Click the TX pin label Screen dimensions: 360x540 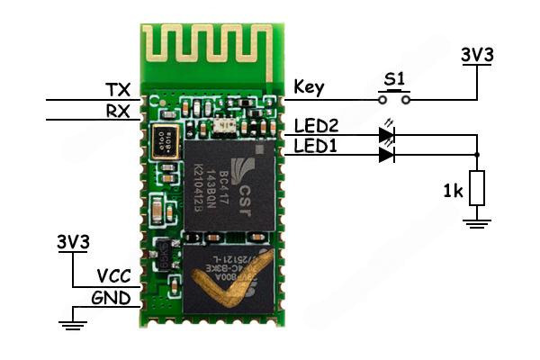[x=117, y=90]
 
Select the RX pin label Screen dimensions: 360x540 [x=117, y=111]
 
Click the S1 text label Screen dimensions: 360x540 [x=393, y=80]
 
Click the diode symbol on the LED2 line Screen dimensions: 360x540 [x=387, y=136]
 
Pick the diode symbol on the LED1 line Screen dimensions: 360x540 [x=387, y=155]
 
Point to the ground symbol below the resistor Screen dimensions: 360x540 [x=477, y=220]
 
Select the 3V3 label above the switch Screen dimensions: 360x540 [x=476, y=54]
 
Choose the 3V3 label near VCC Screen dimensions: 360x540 [x=73, y=242]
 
